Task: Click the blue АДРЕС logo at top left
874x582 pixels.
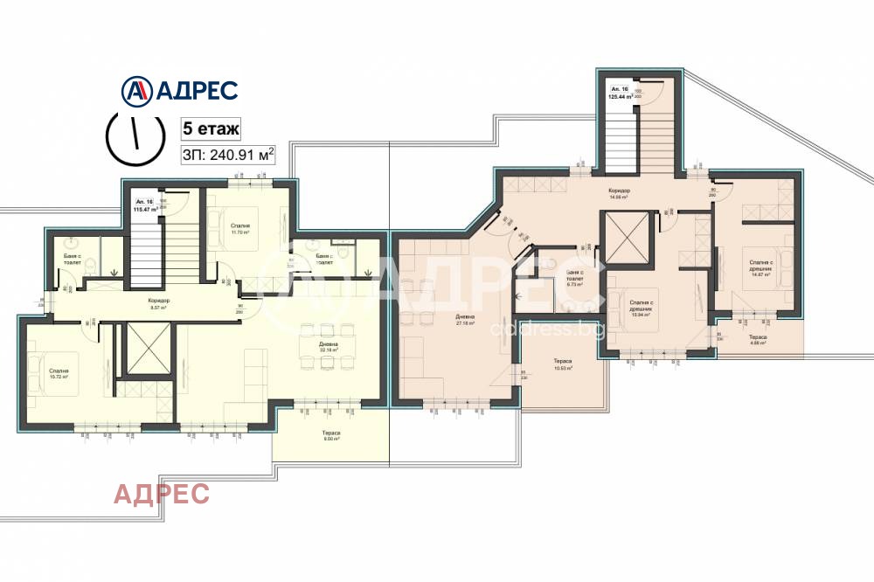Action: click(x=178, y=90)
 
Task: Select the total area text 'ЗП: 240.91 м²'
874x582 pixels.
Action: click(x=227, y=155)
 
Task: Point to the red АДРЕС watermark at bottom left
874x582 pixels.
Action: click(x=162, y=494)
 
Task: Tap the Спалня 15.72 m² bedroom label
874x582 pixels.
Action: click(x=59, y=374)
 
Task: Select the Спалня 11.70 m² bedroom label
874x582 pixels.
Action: click(x=240, y=229)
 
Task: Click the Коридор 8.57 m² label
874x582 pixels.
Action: click(x=158, y=304)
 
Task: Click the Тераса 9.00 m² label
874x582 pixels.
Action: click(x=330, y=436)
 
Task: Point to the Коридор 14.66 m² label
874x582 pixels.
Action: click(x=620, y=194)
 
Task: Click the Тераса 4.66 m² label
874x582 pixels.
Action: click(x=757, y=340)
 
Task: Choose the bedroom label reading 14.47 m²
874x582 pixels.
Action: click(x=759, y=267)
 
